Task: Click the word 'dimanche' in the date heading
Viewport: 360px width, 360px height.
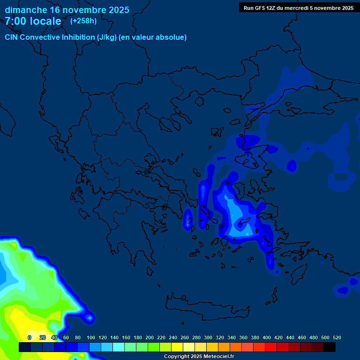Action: tap(26, 10)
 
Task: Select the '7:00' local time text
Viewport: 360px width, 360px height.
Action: tap(15, 21)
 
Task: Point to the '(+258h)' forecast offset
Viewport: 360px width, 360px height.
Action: tap(83, 21)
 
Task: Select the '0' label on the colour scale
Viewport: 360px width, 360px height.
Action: tap(29, 337)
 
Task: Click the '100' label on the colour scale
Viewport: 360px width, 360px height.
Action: tap(91, 337)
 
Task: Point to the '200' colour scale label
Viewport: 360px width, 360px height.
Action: tap(150, 337)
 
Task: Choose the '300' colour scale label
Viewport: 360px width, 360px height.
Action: tap(208, 337)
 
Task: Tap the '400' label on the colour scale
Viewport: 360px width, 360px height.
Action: tap(267, 337)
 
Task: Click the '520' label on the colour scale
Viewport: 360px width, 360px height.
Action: tap(337, 337)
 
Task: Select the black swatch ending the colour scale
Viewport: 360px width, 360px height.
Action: tap(330, 347)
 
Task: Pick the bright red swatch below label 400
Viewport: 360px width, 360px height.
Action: tap(270, 347)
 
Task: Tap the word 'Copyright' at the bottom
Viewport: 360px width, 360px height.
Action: tap(177, 357)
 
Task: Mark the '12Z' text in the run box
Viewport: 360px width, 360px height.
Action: tap(271, 8)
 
